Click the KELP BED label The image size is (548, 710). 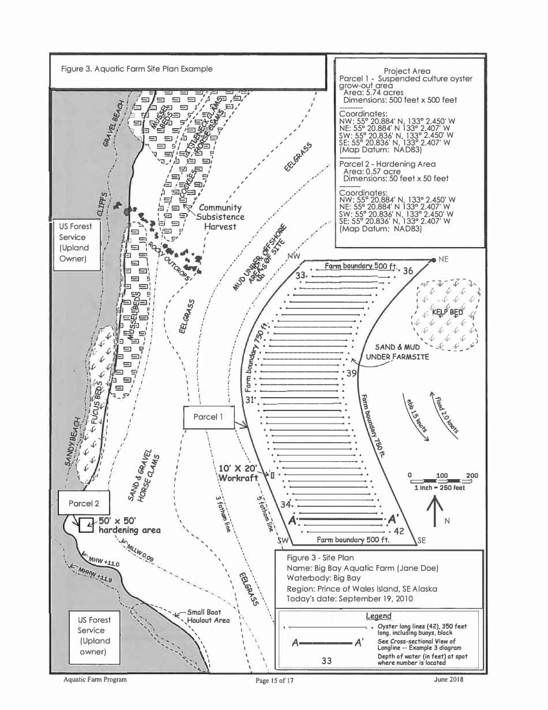(447, 312)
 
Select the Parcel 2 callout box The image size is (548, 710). (84, 503)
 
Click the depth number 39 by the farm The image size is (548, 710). (352, 374)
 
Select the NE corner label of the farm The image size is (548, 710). (443, 260)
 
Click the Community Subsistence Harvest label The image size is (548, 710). (220, 217)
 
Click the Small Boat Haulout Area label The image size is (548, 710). (208, 616)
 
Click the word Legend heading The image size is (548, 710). (378, 616)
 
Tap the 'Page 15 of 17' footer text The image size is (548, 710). (275, 681)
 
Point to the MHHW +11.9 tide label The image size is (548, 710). (92, 573)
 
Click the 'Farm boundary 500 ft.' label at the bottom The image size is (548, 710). (353, 540)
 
